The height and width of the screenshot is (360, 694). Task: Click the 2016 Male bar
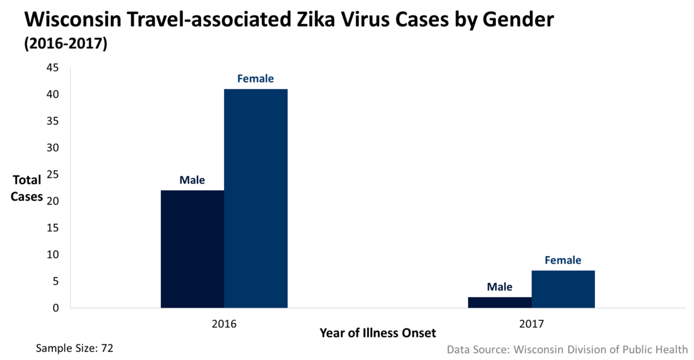click(x=192, y=249)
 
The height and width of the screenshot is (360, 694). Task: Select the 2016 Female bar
click(x=256, y=199)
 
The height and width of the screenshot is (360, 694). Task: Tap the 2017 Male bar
click(x=500, y=303)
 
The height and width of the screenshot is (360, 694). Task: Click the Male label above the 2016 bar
click(x=192, y=180)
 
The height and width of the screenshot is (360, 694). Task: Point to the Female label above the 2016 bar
click(x=256, y=79)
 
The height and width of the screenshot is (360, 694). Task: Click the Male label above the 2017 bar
click(x=500, y=287)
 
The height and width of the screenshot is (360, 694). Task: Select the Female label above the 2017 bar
click(x=563, y=260)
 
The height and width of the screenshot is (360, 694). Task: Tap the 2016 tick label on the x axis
click(x=224, y=324)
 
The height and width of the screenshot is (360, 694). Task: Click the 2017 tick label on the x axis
click(x=531, y=324)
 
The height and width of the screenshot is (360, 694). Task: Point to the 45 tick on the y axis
click(x=52, y=67)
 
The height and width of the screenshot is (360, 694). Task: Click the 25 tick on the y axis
click(x=52, y=175)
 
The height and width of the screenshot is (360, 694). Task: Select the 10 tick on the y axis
click(x=52, y=255)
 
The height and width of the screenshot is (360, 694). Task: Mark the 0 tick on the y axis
click(x=56, y=308)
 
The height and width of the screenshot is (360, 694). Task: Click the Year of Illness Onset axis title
click(x=377, y=332)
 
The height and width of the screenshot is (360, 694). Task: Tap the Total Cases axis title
click(x=27, y=188)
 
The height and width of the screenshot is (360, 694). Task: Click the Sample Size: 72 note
click(x=74, y=347)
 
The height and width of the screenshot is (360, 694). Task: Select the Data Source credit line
click(x=567, y=349)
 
